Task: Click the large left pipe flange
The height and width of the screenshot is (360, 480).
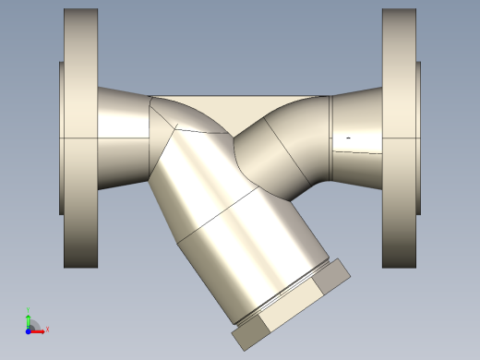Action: [80, 138]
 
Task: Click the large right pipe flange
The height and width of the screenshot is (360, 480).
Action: [399, 138]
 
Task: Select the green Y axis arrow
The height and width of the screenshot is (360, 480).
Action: [29, 319]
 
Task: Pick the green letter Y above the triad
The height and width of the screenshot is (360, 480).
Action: [29, 310]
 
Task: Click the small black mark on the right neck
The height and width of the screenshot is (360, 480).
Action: [348, 138]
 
